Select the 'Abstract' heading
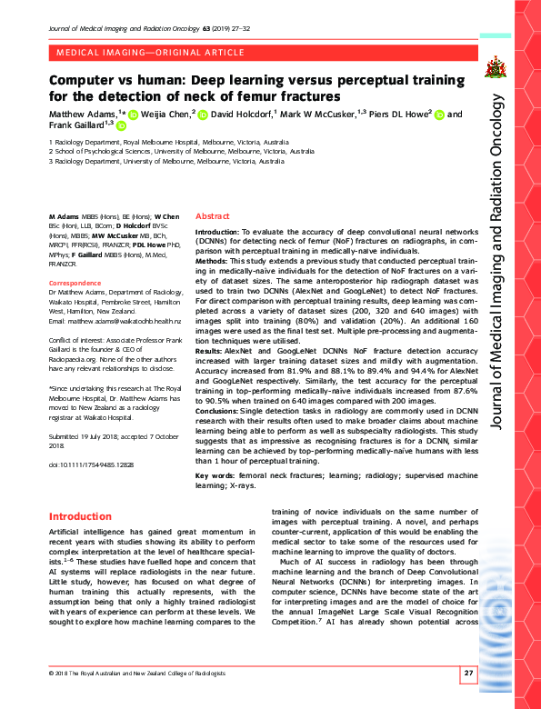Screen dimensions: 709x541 213,216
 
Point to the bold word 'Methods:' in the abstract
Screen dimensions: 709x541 215,260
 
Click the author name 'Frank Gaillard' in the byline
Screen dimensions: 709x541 76,125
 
